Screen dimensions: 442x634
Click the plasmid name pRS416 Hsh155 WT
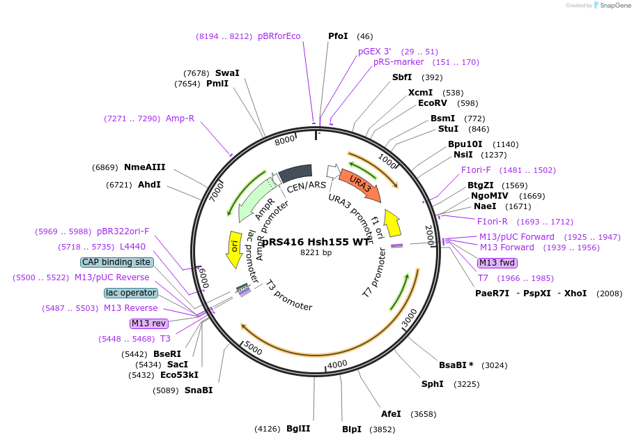coord(316,241)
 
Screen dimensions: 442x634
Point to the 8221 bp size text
coord(316,252)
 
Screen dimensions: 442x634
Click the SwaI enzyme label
coord(227,73)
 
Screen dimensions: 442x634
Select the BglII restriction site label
coord(298,428)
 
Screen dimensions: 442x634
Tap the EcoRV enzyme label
coord(433,103)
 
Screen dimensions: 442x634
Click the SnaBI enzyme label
coord(199,390)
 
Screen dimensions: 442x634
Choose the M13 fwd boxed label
coord(497,263)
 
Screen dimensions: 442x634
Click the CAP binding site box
coord(116,262)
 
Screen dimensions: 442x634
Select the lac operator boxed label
coord(131,293)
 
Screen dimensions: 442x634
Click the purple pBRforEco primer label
coord(279,36)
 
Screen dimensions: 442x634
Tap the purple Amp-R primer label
coord(180,119)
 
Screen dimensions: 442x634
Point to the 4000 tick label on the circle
coord(337,365)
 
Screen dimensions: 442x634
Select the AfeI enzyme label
coord(391,413)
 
